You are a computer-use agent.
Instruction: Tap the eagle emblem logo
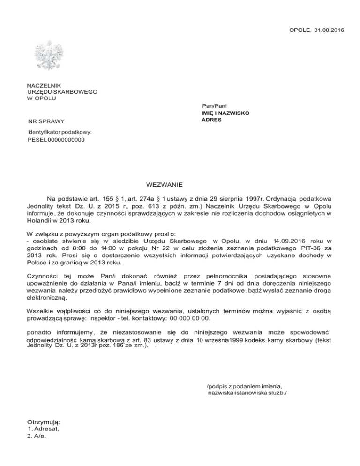click(49, 55)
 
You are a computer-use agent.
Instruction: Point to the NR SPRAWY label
click(46, 122)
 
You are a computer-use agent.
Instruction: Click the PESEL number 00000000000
click(66, 140)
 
